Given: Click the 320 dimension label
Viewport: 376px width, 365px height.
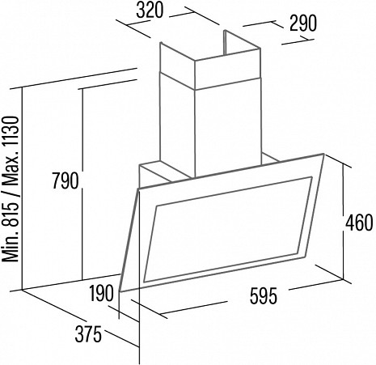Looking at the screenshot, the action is tap(150, 11).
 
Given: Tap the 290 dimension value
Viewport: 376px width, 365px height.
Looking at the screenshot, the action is tap(303, 23).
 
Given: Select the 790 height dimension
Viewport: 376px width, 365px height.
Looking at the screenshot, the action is tap(65, 180).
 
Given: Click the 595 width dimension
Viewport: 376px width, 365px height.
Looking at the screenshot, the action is tap(264, 296).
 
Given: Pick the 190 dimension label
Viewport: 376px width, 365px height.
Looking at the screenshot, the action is tap(101, 294).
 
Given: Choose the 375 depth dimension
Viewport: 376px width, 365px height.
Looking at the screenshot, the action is tap(88, 334).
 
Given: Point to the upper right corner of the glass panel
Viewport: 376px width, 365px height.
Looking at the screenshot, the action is tap(323, 154).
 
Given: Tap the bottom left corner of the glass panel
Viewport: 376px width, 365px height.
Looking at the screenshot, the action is tap(119, 291).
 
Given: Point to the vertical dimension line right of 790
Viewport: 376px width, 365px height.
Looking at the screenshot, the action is tap(82, 184).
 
